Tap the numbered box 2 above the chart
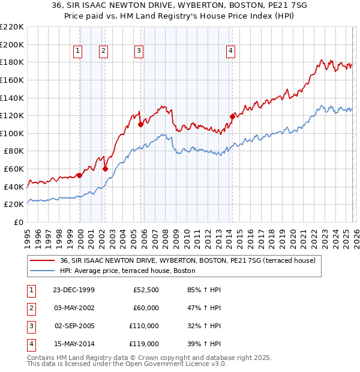click(x=103, y=52)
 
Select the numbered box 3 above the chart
click(x=139, y=52)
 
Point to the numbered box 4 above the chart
click(x=230, y=52)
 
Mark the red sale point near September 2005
click(x=140, y=125)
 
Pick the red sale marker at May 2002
click(x=105, y=169)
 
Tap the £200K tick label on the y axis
click(x=12, y=44)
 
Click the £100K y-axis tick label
click(x=12, y=133)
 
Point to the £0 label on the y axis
click(x=19, y=222)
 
